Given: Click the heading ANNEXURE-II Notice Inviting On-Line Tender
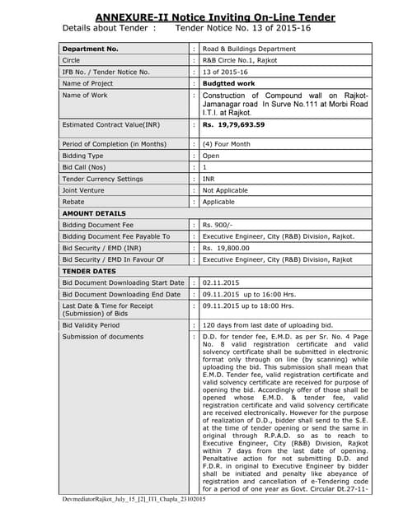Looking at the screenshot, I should click(x=204, y=16).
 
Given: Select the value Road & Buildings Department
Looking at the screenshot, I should click(x=249, y=49).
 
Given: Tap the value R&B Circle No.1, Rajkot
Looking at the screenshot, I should click(x=242, y=60).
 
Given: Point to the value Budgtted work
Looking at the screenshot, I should click(x=230, y=83).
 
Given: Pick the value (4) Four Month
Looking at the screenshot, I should click(x=229, y=144).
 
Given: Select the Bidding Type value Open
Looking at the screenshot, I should click(x=211, y=155).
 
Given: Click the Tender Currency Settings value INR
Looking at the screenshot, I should click(x=209, y=178).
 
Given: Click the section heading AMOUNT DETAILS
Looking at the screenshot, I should click(x=94, y=212).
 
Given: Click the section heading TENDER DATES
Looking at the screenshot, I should click(x=90, y=270).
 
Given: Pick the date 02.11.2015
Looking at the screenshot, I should click(x=223, y=282).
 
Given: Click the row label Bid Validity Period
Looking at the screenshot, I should click(x=96, y=325).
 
